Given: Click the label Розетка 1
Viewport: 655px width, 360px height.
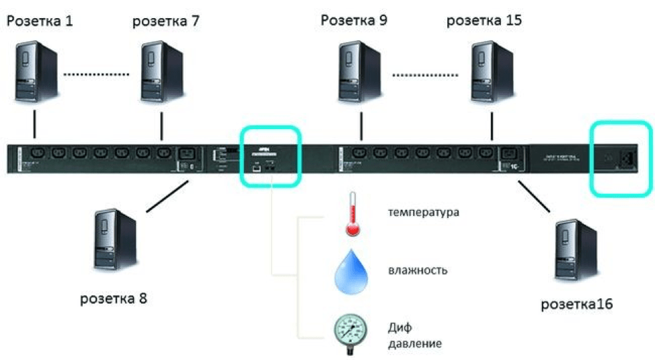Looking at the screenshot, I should [x=40, y=21].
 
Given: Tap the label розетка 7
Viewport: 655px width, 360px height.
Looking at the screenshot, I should [x=165, y=21].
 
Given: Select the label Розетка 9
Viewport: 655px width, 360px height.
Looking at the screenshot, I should [x=354, y=20].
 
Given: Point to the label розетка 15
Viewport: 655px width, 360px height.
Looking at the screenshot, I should [x=484, y=21].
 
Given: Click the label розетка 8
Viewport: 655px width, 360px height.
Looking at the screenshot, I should [x=114, y=297].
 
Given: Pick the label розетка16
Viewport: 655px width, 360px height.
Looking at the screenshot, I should [x=577, y=304].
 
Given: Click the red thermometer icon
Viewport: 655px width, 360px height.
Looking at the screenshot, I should [x=352, y=215].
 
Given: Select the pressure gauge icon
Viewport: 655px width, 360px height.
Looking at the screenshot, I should [x=352, y=329].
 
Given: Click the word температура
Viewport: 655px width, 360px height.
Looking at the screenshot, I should [x=423, y=213].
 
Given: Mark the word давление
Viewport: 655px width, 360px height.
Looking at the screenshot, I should [x=415, y=344].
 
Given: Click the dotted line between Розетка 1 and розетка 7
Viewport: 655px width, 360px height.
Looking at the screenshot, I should [x=98, y=73].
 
